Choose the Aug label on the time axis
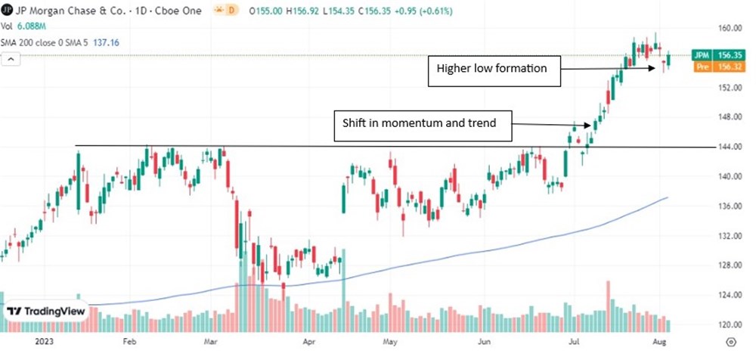660,342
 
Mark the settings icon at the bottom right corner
731,343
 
